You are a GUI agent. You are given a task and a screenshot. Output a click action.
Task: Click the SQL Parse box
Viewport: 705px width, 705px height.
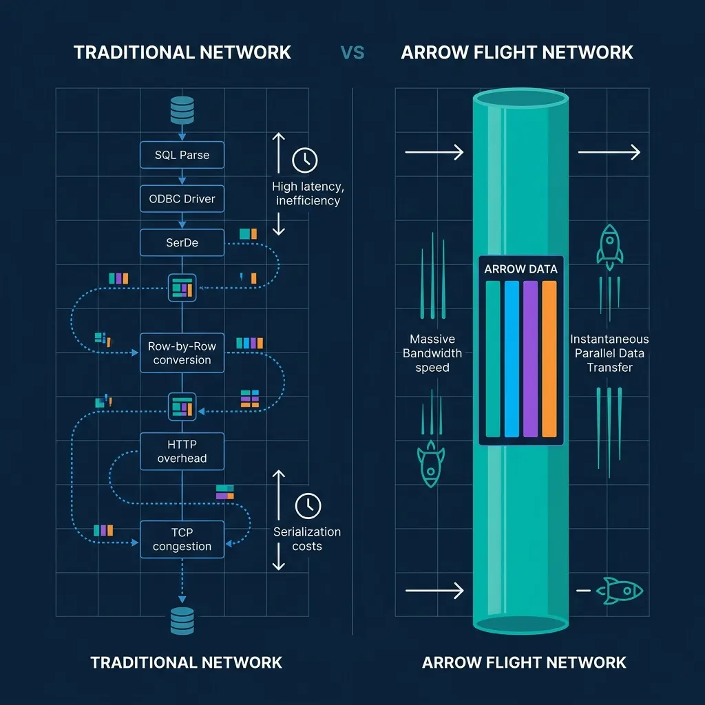click(182, 155)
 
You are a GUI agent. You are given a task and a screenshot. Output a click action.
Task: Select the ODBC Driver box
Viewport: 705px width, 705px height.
click(182, 199)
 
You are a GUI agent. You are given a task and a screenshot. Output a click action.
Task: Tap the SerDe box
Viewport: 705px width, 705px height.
click(182, 243)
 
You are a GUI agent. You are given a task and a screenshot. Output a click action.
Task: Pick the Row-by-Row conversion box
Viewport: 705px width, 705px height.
click(182, 353)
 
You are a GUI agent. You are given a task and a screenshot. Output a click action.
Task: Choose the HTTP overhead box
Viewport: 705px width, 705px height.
click(182, 452)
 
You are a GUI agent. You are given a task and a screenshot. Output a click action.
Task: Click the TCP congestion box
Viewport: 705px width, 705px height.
click(182, 539)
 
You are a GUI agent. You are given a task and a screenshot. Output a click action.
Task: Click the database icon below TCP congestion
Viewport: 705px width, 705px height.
click(182, 620)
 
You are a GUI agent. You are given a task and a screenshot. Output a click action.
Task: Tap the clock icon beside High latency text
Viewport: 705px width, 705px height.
click(305, 160)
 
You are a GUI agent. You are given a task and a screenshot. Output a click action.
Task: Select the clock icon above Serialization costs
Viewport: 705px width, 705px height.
click(308, 505)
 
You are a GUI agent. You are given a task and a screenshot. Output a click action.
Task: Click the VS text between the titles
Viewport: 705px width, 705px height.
click(352, 52)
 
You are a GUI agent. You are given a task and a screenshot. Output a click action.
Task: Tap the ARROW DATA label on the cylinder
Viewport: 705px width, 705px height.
click(520, 269)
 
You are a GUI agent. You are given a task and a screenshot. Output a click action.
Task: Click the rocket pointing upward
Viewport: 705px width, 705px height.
click(609, 247)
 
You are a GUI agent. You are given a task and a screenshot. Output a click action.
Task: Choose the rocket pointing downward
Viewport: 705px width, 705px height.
click(431, 465)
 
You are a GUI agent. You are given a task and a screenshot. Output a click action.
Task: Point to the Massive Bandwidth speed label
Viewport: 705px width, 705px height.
click(432, 353)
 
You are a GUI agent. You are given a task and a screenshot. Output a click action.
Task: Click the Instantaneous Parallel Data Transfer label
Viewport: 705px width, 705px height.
click(609, 353)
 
